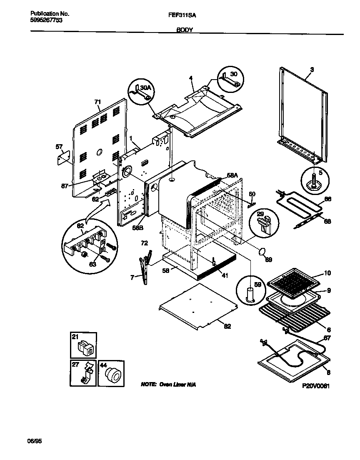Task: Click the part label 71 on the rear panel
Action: pos(97,102)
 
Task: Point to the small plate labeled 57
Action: pos(62,157)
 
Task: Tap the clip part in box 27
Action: pos(86,374)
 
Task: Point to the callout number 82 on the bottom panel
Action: pos(227,326)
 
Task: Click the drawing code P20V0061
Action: pos(316,386)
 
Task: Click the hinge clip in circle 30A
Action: pos(140,93)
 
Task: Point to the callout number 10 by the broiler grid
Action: pos(327,273)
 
